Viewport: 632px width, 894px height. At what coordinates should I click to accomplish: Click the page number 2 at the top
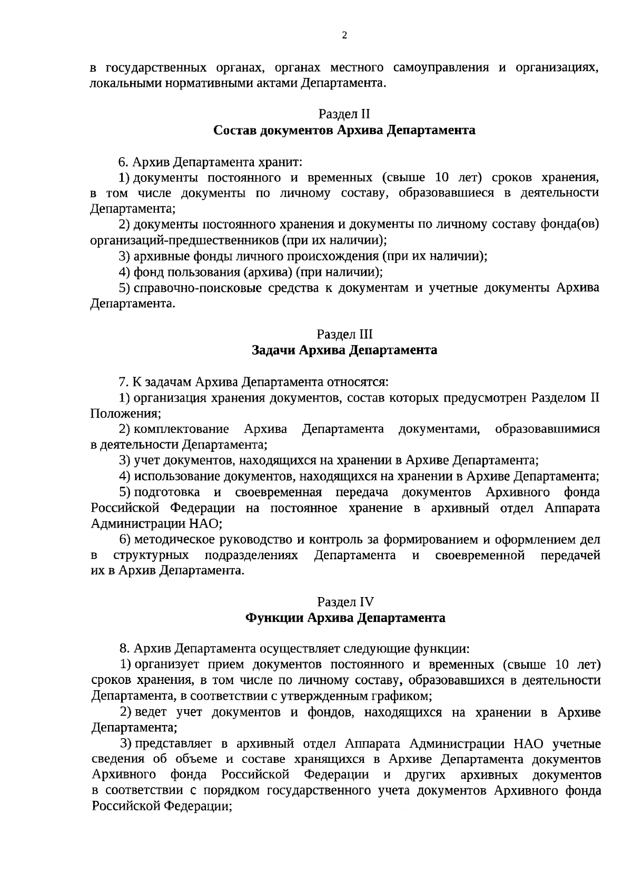point(344,36)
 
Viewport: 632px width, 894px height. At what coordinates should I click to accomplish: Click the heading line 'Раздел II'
point(344,114)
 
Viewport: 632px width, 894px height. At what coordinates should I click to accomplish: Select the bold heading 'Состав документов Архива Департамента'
point(344,130)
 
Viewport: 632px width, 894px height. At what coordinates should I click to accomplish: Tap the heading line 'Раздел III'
point(344,334)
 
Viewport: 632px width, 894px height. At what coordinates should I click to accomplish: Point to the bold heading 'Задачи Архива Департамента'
point(344,350)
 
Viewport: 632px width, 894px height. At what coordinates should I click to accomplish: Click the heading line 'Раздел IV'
point(345,602)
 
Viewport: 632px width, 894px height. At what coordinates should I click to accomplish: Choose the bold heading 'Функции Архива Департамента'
point(345,618)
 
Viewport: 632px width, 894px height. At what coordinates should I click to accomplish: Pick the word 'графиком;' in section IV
point(405,696)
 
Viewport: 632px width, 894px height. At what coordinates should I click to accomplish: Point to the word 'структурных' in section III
point(151,555)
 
